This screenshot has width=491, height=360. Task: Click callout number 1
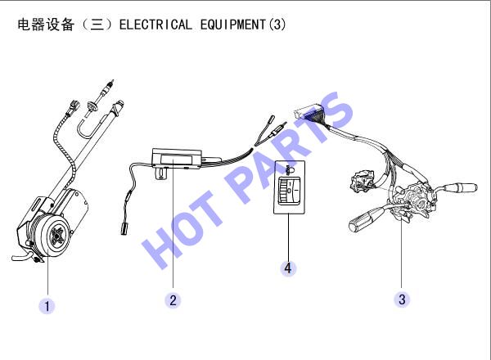coord(47,306)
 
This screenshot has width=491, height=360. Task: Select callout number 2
coord(173,300)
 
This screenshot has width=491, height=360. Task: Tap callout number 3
coord(402,299)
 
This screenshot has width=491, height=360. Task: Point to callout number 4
coord(288,268)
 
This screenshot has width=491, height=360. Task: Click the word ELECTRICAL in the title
coord(155,25)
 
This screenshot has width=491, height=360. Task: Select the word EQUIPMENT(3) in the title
coord(243,25)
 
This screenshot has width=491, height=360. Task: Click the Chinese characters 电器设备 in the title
coord(46,25)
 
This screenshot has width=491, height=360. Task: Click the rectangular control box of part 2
coord(177,159)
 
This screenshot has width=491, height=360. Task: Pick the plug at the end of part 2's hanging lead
coord(124,228)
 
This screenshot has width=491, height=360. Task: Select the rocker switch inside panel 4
coord(289,191)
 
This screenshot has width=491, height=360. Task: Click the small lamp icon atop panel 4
coord(289,169)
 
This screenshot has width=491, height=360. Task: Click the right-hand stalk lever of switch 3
coord(457,187)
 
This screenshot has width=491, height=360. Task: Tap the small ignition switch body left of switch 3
coord(361,181)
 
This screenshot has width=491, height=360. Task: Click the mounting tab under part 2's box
coord(163,173)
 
